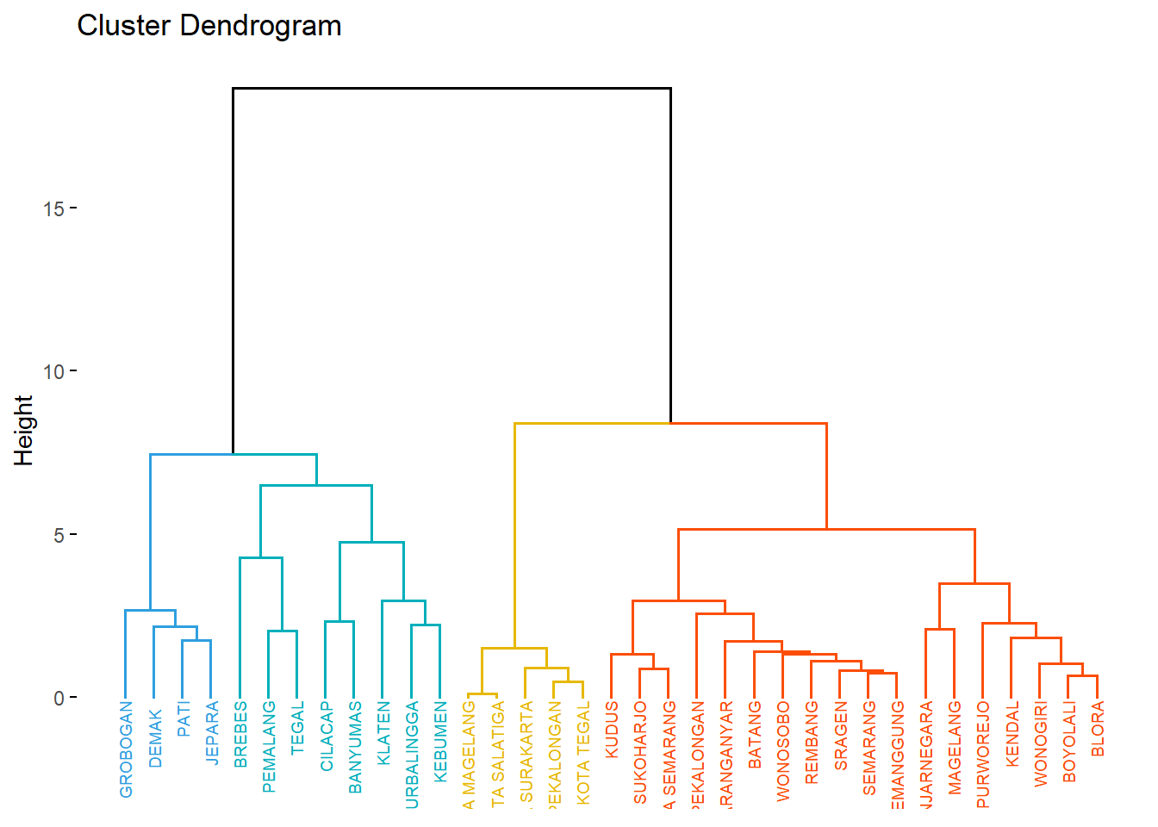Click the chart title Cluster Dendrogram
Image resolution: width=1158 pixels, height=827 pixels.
tap(209, 26)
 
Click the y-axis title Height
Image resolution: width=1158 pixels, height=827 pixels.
tap(23, 430)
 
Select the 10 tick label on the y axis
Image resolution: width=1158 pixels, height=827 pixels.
tap(53, 371)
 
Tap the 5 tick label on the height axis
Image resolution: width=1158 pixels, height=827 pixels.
tap(59, 535)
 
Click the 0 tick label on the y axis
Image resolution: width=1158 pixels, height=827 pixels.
tap(59, 698)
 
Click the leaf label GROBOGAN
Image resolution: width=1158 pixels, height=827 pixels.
tap(126, 749)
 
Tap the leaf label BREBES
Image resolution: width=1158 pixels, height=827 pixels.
tap(240, 734)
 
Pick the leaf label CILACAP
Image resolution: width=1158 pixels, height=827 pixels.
tap(327, 736)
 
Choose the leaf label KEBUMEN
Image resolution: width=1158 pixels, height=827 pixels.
tap(440, 742)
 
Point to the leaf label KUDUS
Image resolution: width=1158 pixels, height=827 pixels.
tap(612, 730)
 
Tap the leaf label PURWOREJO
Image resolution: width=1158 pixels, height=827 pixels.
tap(982, 755)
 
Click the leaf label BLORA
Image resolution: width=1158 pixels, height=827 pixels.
tap(1097, 729)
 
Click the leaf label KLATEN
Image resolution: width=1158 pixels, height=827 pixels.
tap(383, 733)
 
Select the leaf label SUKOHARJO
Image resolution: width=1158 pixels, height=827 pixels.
tap(640, 753)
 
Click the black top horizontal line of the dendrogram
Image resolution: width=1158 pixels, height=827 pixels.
tap(451, 88)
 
